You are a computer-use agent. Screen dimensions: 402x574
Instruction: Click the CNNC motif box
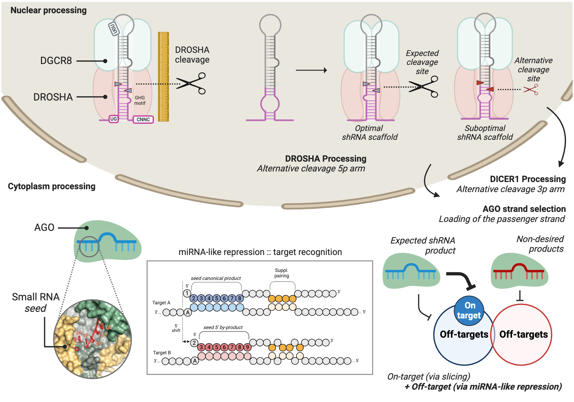coord(143,119)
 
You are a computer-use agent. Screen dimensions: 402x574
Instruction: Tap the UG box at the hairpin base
coord(113,119)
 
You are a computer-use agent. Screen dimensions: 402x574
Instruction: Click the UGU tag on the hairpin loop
coord(114,29)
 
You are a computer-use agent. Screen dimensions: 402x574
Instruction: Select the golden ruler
coord(163,76)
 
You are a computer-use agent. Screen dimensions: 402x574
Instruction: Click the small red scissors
coord(531,90)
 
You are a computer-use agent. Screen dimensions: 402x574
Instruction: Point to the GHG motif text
coord(140,100)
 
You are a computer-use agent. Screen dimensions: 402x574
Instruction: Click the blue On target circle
coord(469,311)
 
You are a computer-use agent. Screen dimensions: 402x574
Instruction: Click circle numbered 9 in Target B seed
coord(247,347)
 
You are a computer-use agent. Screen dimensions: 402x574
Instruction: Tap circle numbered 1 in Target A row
coord(187,293)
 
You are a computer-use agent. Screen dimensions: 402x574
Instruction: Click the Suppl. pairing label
coord(282,273)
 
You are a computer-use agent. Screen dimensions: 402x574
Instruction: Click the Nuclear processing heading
coord(49,10)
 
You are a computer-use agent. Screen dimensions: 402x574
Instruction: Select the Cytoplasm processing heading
coord(52,186)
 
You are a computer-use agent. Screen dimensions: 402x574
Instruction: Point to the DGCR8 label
coord(56,61)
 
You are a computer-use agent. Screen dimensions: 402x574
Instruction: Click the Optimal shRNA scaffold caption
coord(370,133)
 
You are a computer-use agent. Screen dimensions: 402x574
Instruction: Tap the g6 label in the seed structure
coord(78,333)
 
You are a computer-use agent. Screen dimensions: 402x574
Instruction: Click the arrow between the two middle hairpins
coord(311,70)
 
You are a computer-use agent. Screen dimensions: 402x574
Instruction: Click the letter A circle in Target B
coord(195,361)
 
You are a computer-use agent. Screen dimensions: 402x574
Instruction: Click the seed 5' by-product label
coord(223,327)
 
